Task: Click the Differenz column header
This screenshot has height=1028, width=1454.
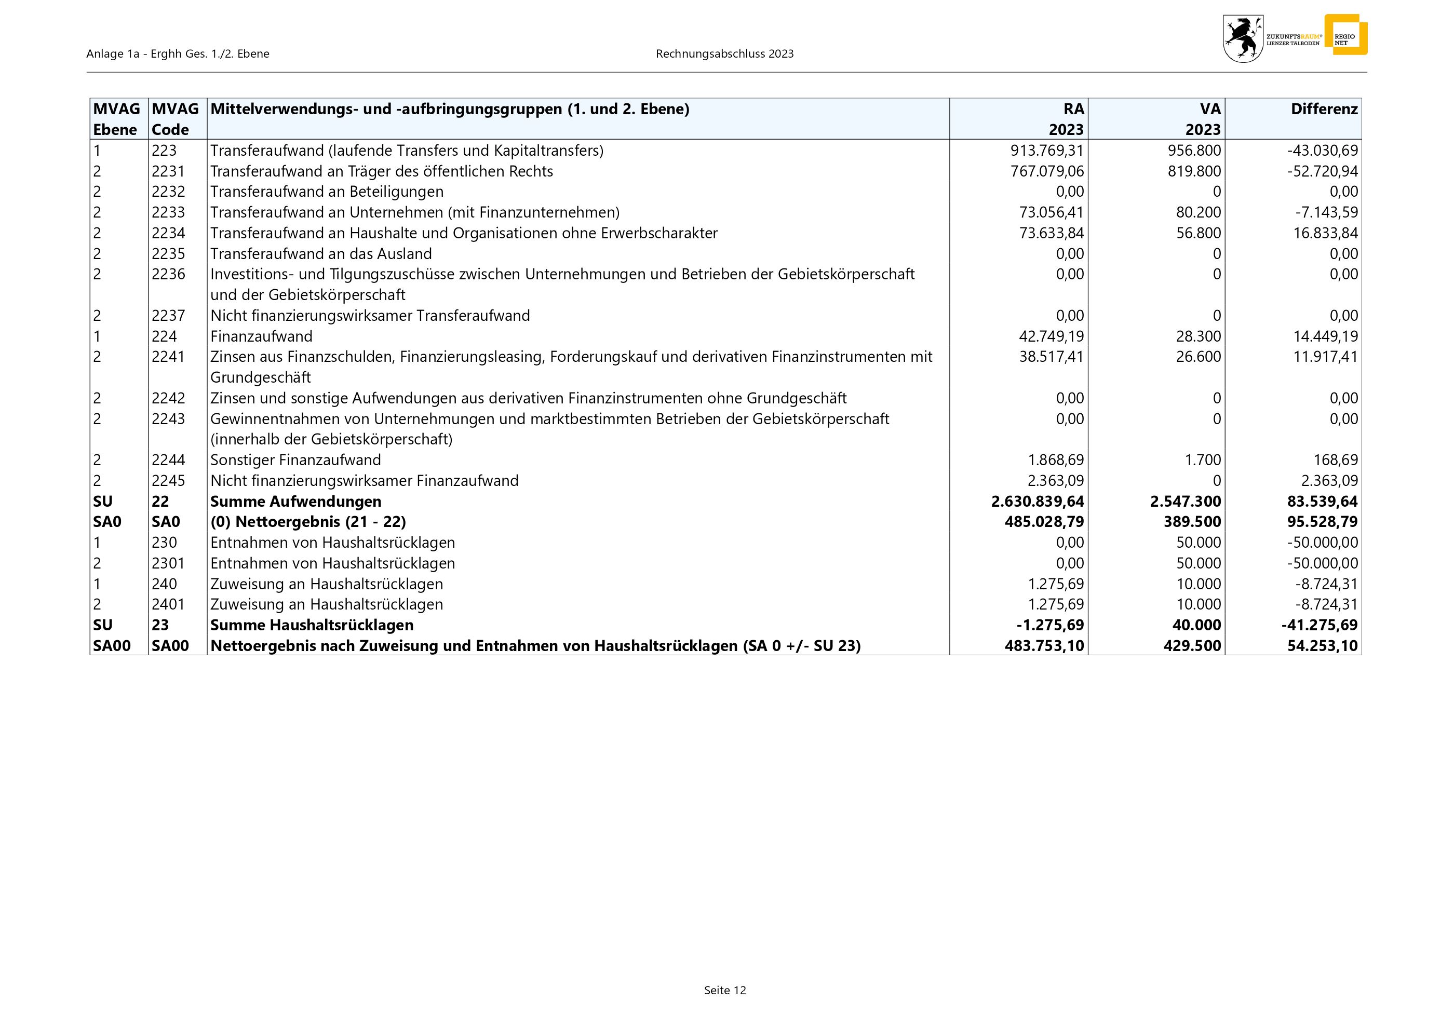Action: (1324, 110)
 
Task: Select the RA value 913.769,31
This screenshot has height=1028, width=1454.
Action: (1047, 151)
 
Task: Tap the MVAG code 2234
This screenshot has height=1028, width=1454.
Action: (168, 233)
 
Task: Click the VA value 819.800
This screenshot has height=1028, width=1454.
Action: (1194, 171)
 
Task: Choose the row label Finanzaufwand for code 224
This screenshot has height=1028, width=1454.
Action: (261, 336)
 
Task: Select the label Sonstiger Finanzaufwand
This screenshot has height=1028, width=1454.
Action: (295, 460)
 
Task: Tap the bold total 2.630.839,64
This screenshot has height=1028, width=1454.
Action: (1038, 502)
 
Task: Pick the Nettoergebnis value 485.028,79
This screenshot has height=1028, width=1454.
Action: (1044, 522)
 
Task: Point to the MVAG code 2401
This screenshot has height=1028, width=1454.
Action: (168, 604)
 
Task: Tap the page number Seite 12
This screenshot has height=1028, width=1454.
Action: (724, 991)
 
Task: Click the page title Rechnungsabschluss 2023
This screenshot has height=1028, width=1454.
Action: (724, 54)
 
